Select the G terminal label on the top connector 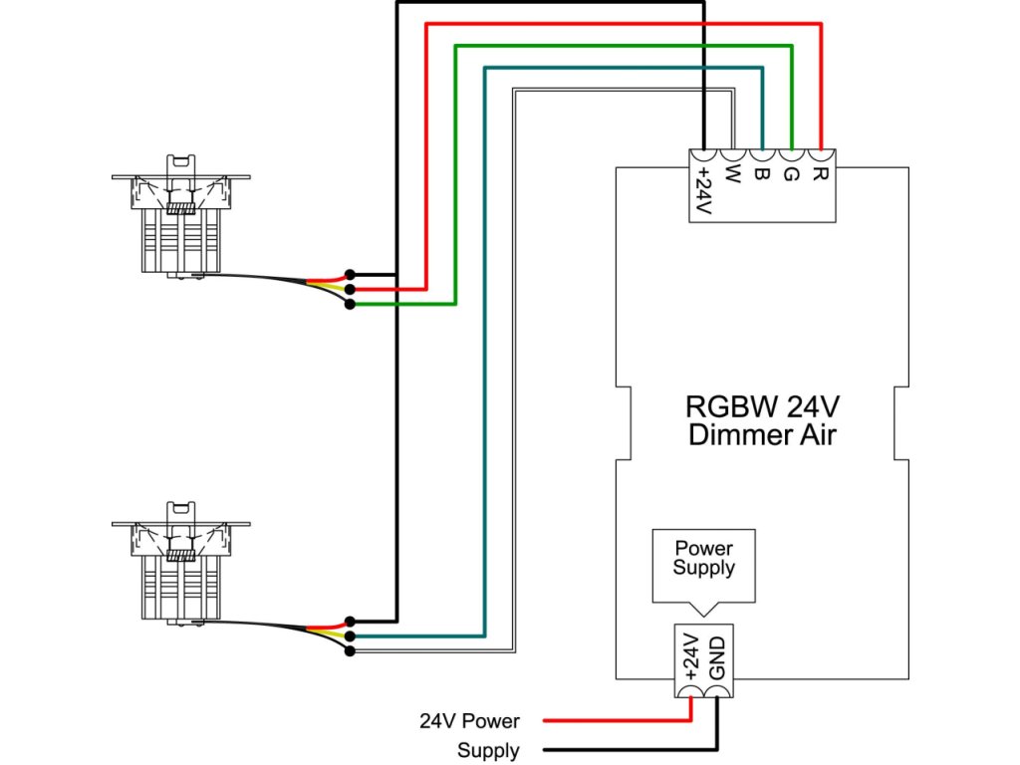click(791, 175)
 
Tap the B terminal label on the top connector click(761, 175)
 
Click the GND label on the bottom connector click(717, 658)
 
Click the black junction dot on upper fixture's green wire click(350, 304)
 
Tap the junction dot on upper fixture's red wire click(350, 289)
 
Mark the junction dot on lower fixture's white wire click(350, 651)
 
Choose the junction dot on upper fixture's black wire click(350, 274)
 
